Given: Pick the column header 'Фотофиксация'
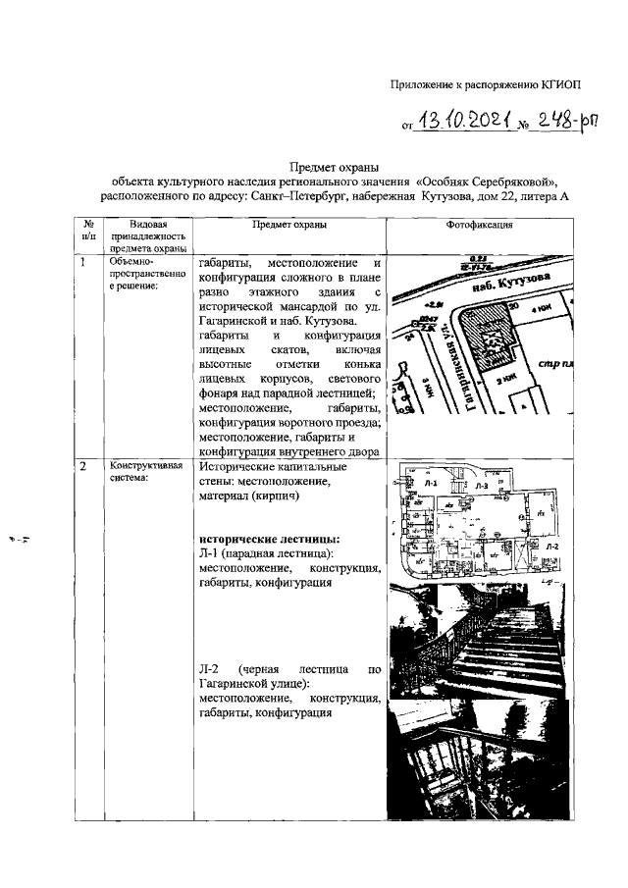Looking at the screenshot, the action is pos(479,225).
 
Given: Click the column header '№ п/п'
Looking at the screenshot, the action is pos(88,232).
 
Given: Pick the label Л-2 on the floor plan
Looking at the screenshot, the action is pos(552,547).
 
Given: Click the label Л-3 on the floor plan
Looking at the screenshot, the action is pos(481,486).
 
